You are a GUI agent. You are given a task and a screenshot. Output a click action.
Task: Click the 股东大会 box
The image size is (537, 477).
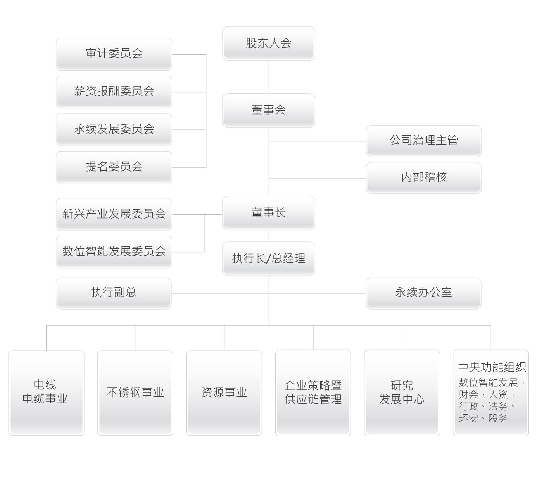pos(268,43)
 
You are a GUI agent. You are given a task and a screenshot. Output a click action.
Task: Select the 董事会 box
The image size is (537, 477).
pos(268,110)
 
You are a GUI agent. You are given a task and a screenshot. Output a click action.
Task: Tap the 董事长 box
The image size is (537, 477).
pos(268,213)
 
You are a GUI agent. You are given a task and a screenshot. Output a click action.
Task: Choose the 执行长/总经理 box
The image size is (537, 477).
pos(268,259)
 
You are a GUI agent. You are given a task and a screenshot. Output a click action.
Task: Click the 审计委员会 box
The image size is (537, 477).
pos(114,54)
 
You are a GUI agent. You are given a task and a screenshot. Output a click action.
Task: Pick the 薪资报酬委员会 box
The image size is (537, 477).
pos(114,91)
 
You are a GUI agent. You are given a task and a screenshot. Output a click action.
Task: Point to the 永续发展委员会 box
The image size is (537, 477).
pos(114,129)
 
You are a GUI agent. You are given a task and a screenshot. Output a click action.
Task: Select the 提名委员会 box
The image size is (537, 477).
pos(114,167)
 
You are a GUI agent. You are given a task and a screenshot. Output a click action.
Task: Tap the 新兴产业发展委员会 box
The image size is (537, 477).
pos(114,214)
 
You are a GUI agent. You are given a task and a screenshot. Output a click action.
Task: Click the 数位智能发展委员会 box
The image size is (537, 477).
pos(114,252)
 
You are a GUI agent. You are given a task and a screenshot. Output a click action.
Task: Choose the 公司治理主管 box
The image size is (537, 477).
pos(424,141)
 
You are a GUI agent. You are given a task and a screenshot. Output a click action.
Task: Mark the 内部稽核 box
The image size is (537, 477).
pos(424,178)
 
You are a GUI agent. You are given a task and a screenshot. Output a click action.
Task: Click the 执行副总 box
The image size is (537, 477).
pos(114,293)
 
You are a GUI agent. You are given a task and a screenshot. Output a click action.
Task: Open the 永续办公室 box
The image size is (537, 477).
pos(423,293)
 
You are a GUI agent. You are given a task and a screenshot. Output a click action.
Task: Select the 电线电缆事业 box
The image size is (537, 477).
pos(46,393)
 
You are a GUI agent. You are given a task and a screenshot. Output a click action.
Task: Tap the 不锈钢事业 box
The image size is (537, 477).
pos(135,393)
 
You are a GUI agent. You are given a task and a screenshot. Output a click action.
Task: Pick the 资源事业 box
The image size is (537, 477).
pos(224,393)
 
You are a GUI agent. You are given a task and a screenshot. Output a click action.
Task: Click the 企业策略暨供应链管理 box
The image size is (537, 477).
pos(313,393)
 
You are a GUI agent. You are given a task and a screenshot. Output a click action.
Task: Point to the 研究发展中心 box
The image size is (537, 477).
pos(402,393)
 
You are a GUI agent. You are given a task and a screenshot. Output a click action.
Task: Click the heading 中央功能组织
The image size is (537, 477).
pos(492,367)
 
